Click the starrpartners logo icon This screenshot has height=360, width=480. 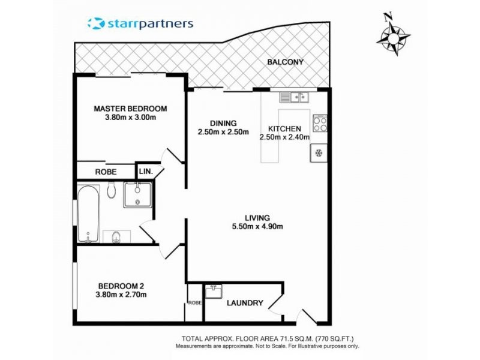click(96, 23)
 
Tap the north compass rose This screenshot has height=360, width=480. click(393, 35)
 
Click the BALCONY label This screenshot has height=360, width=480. click(286, 62)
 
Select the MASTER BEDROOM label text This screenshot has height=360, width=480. click(130, 109)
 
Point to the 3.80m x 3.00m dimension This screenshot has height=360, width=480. click(130, 118)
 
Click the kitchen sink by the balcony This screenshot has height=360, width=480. click(293, 96)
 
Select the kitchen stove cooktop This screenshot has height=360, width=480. click(320, 124)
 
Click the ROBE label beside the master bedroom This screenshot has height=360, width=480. click(106, 172)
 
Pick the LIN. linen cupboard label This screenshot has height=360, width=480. click(146, 172)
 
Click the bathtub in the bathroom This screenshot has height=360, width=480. click(88, 213)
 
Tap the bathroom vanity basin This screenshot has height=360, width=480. click(138, 194)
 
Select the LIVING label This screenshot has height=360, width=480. click(257, 218)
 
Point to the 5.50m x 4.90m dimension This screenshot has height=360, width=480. click(257, 227)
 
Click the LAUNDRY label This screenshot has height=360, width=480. click(245, 304)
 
